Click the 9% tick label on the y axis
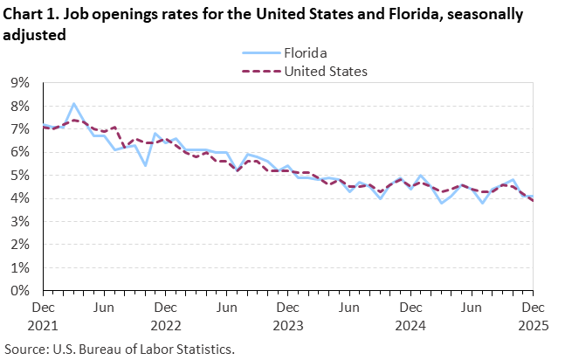pos(18,83)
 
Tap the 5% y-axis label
pos(18,176)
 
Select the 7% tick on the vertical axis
pos(18,129)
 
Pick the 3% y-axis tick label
pos(18,222)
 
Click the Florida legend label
pos(305,52)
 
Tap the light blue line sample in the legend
pos(258,52)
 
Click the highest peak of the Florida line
pos(73,103)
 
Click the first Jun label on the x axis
pos(104,308)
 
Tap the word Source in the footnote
pos(25,348)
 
